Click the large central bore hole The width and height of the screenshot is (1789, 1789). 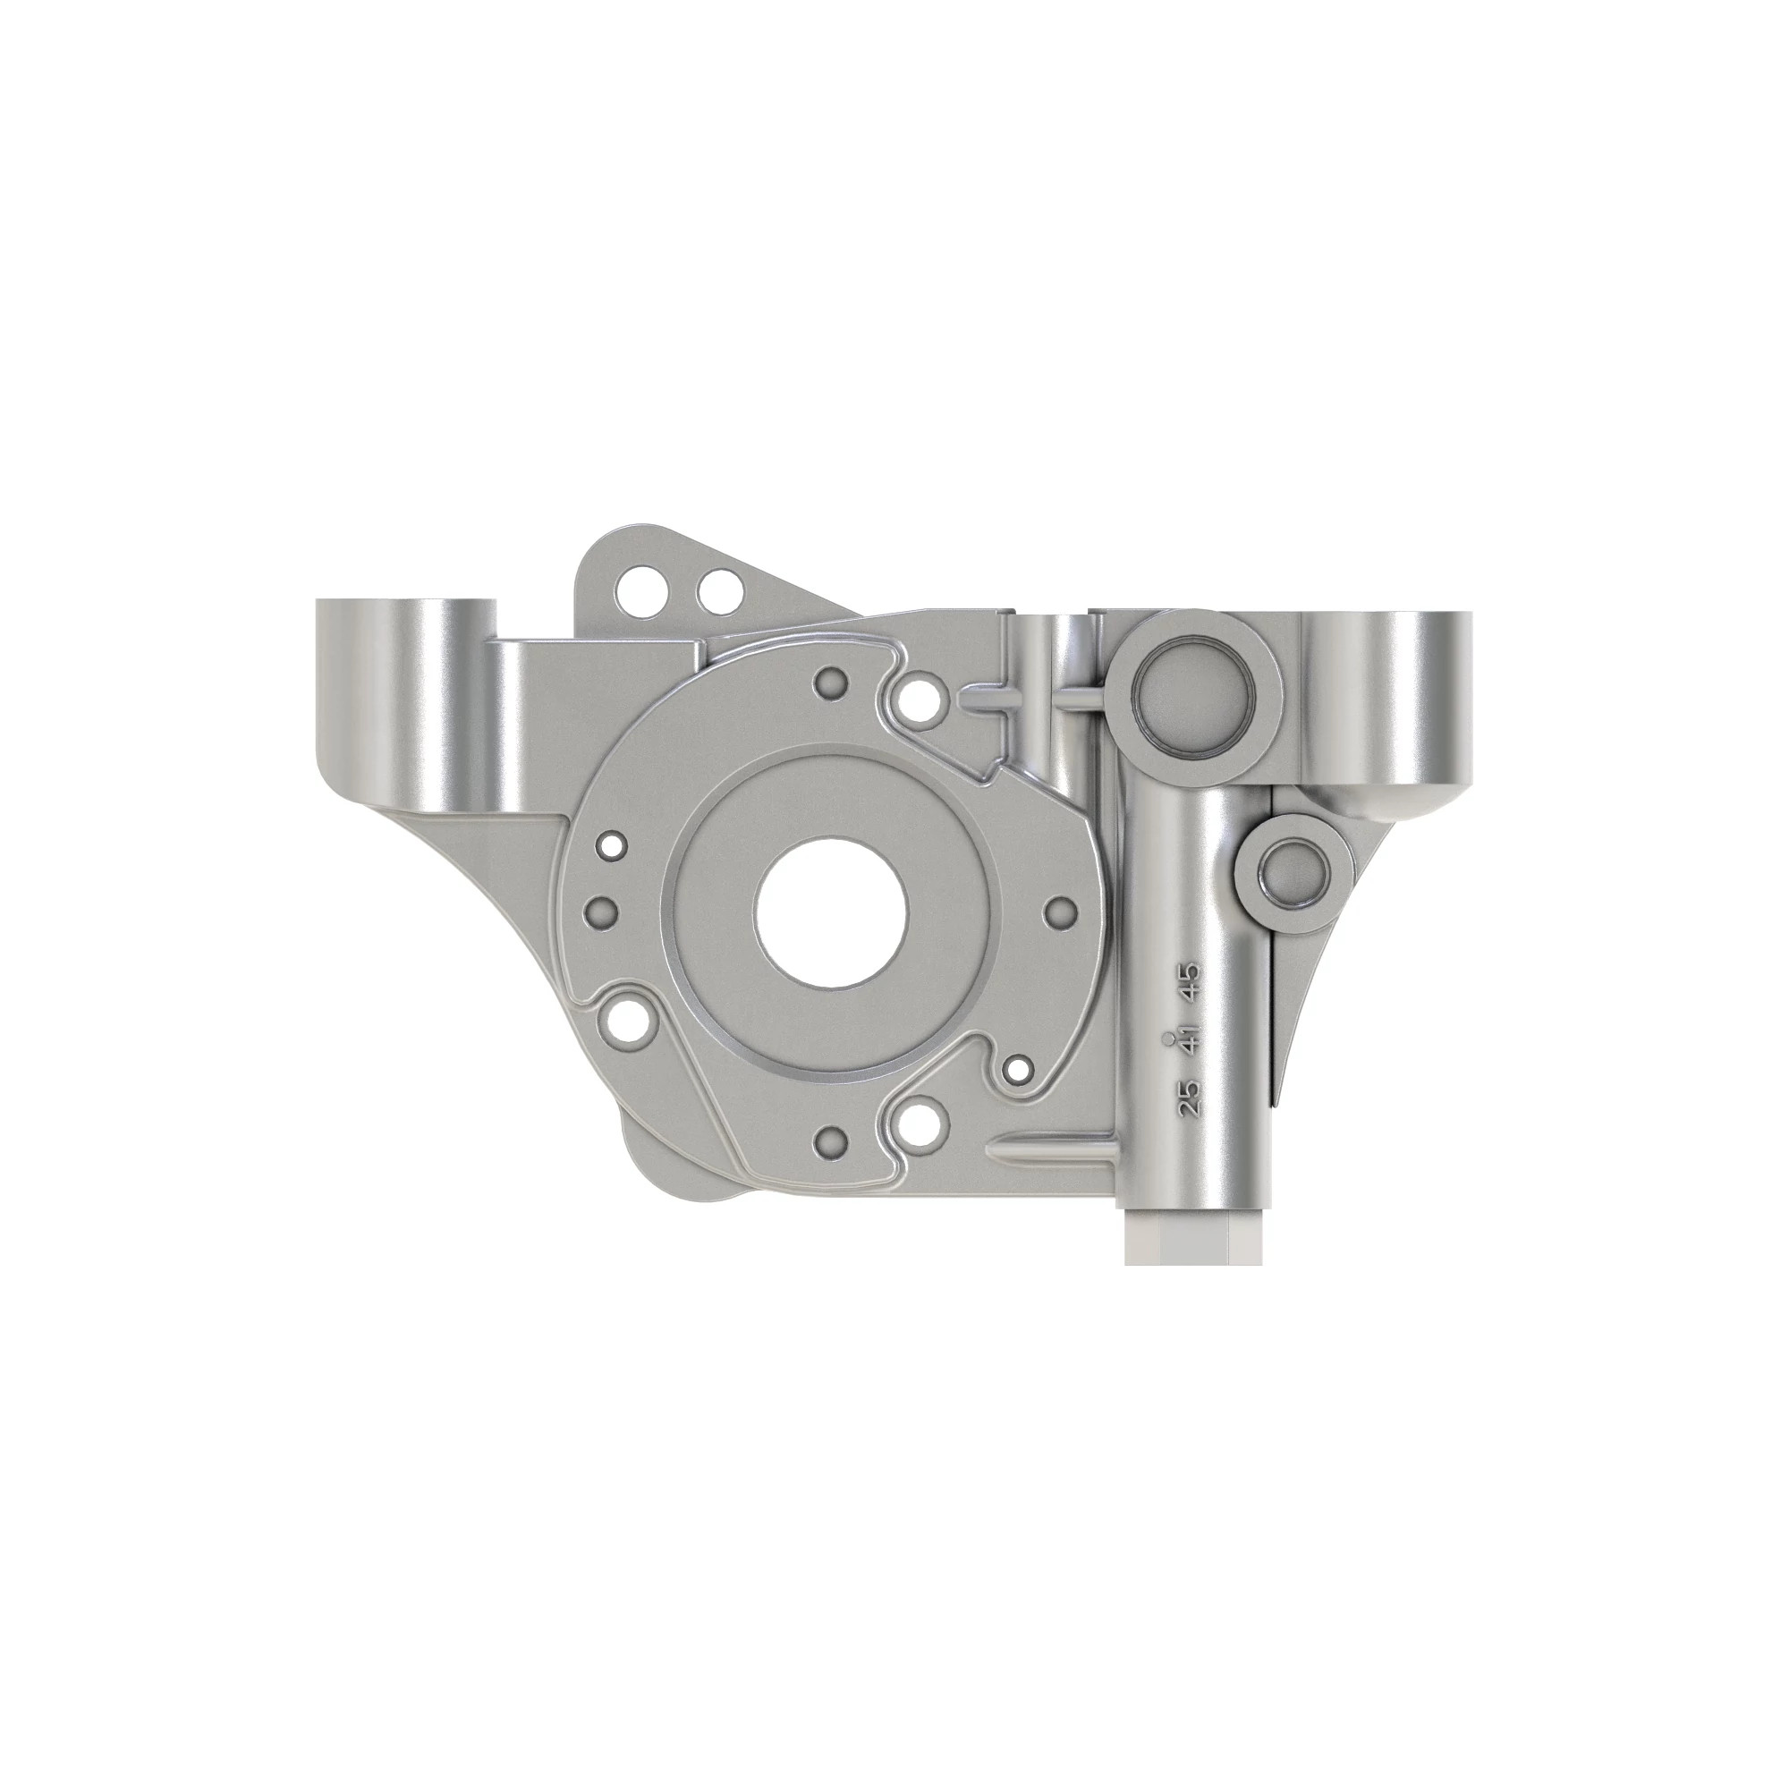pyautogui.click(x=830, y=915)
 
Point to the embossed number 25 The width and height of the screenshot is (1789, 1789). pyautogui.click(x=1189, y=1098)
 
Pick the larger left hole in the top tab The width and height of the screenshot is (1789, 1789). pyautogui.click(x=638, y=585)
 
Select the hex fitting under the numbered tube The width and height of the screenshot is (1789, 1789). pyautogui.click(x=1193, y=1237)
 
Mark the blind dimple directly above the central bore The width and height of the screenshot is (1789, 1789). pyautogui.click(x=831, y=683)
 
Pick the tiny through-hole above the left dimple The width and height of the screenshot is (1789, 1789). pyautogui.click(x=612, y=844)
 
